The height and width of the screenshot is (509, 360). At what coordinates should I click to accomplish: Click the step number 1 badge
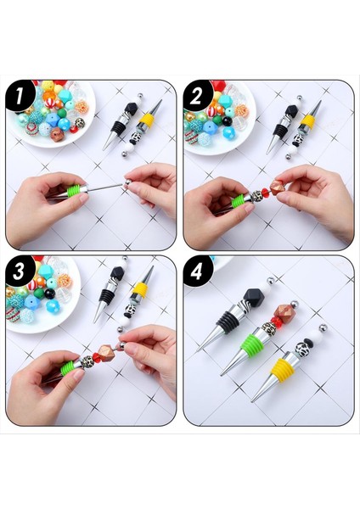coord(20,95)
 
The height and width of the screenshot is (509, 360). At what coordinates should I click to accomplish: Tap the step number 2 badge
coord(196,95)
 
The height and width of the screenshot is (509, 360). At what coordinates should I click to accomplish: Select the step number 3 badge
coord(20,271)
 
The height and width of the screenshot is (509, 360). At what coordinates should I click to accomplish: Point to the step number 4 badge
coord(196,271)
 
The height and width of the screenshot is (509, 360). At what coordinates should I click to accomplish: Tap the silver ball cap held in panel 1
coord(128,183)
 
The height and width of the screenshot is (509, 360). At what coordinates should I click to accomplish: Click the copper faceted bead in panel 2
coord(277,187)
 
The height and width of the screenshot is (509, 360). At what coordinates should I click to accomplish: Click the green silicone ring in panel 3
coord(67,368)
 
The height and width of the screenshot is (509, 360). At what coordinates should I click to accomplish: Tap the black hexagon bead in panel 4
coord(254,297)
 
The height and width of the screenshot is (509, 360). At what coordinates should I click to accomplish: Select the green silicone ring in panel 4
coord(253,346)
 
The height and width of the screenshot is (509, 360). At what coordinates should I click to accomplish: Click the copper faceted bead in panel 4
coord(284,313)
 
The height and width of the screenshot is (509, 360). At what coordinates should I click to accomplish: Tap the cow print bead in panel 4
coord(301,349)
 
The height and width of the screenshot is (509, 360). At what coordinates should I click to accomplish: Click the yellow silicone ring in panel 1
coord(147,120)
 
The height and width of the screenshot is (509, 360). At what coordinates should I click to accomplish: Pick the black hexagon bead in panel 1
coord(132,109)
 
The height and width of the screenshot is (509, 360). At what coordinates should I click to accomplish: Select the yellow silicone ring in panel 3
coord(140,290)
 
